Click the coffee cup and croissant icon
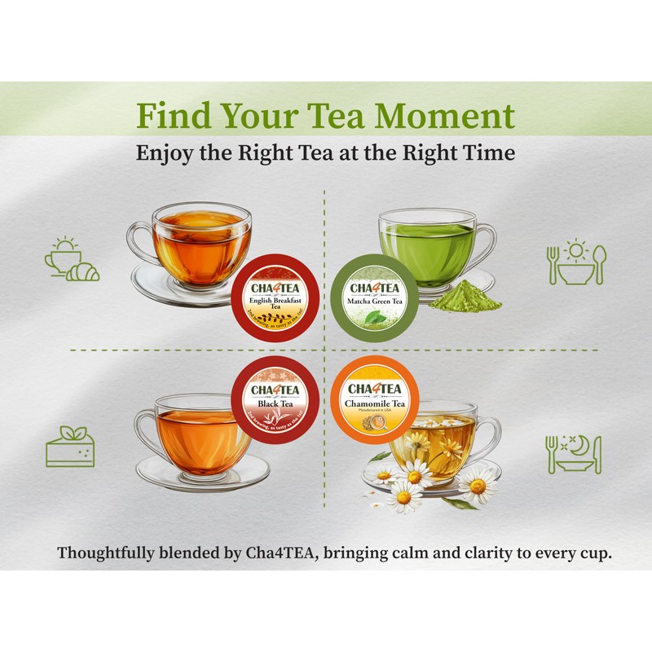tap(71, 260)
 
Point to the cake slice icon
tap(71, 445)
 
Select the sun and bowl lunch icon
tap(575, 262)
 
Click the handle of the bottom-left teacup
tap(147, 428)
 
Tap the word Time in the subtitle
tap(487, 153)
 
